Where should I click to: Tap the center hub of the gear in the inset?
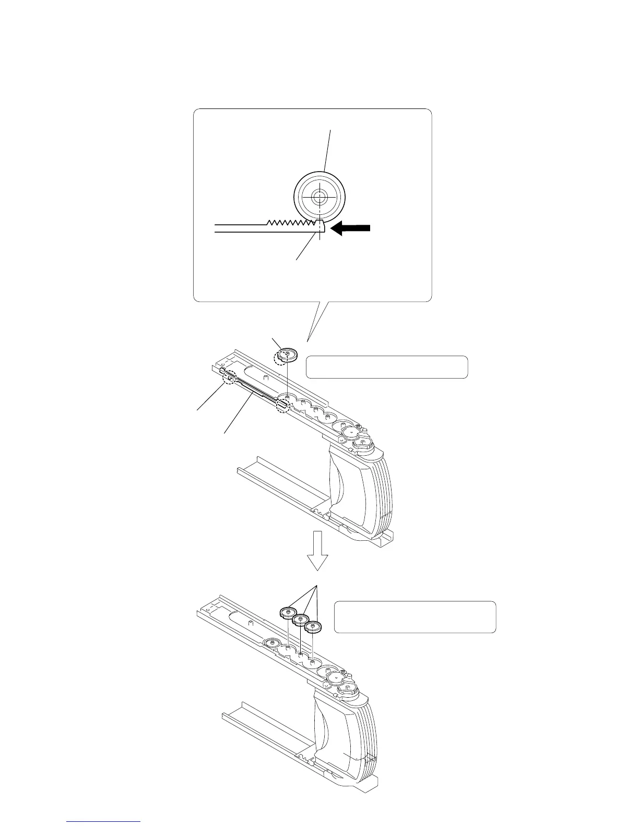318,197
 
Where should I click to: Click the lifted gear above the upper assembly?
286,356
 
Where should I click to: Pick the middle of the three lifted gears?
300,620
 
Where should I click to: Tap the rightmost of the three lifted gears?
313,626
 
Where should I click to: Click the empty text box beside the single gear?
386,367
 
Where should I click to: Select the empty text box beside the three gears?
415,617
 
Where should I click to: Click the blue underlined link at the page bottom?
104,822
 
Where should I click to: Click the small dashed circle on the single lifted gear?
283,355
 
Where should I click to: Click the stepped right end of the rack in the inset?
320,226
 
